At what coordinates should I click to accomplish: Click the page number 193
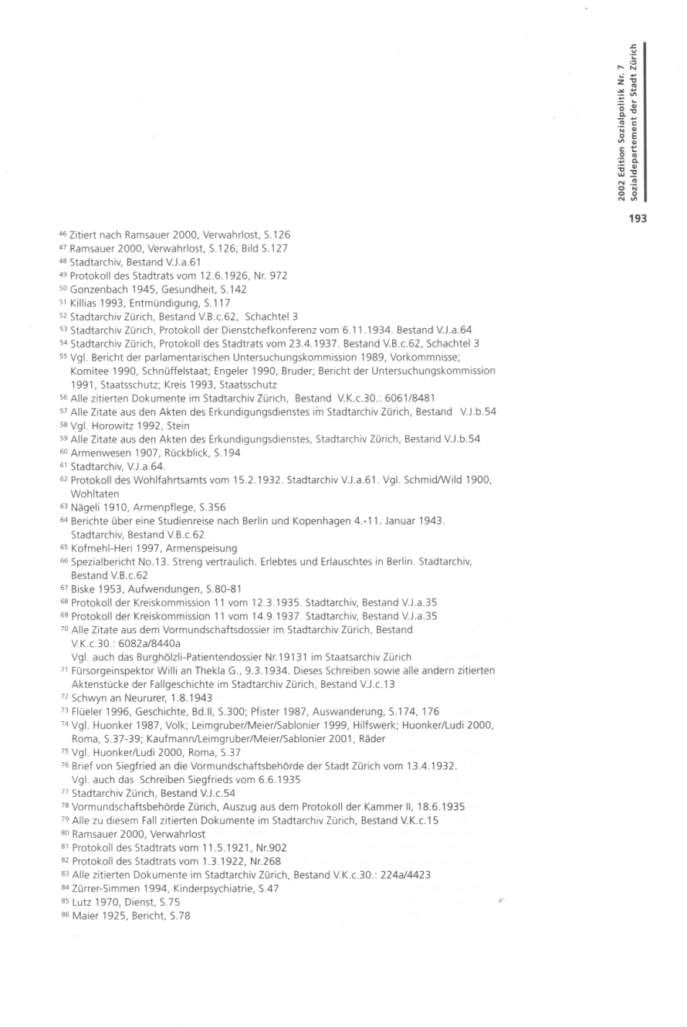(637, 219)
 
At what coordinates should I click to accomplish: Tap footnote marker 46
(63, 233)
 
